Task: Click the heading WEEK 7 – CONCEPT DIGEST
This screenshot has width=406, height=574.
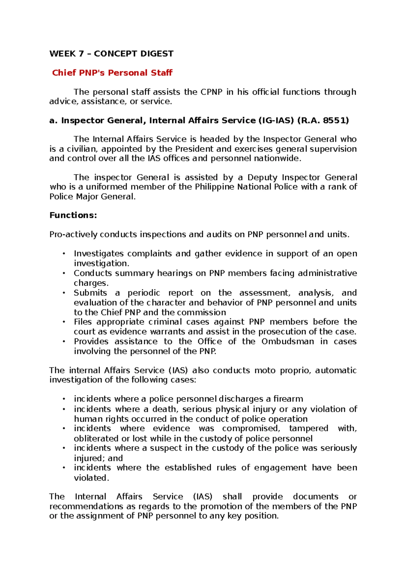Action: [x=111, y=54]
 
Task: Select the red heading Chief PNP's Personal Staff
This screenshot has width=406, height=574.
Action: [x=112, y=73]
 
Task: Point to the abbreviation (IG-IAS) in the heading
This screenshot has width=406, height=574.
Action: [x=276, y=120]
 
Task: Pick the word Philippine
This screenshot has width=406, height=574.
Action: [x=214, y=187]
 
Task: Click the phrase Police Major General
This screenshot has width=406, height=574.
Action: [x=92, y=197]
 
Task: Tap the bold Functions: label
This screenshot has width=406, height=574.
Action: [x=73, y=215]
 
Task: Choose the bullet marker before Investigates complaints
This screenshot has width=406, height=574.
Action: [x=63, y=254]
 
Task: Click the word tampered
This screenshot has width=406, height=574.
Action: [x=309, y=429]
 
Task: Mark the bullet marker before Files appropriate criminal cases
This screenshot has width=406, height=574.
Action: [x=63, y=322]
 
